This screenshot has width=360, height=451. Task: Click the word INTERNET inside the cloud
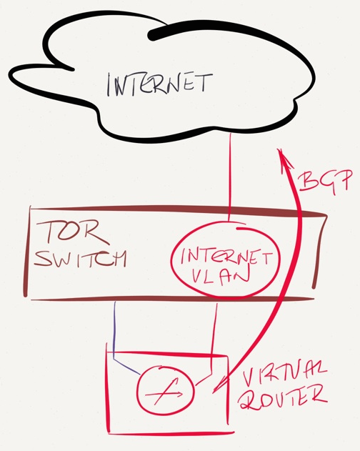[160, 84]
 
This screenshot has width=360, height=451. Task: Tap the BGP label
[325, 182]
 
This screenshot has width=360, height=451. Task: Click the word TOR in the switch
[74, 234]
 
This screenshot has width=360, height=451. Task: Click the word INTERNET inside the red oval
[226, 257]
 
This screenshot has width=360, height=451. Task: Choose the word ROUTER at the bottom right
[284, 398]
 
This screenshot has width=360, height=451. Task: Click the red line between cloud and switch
[230, 176]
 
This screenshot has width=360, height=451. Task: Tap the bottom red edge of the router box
[171, 432]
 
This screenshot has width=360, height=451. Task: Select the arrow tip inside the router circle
[181, 394]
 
